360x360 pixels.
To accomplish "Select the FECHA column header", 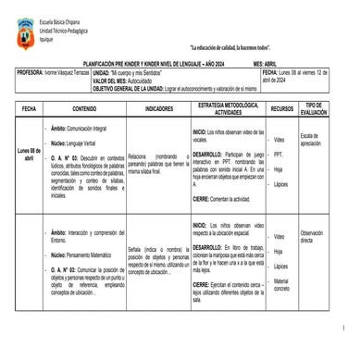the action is click(29, 108).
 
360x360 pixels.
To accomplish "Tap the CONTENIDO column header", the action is click(83, 108).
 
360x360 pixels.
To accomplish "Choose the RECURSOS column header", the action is click(281, 108).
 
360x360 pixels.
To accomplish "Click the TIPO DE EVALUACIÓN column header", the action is click(315, 108).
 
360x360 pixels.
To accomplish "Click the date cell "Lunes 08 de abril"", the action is click(29, 154).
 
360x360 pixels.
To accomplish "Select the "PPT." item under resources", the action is click(279, 155).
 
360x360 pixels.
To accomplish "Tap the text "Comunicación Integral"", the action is click(87, 127).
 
